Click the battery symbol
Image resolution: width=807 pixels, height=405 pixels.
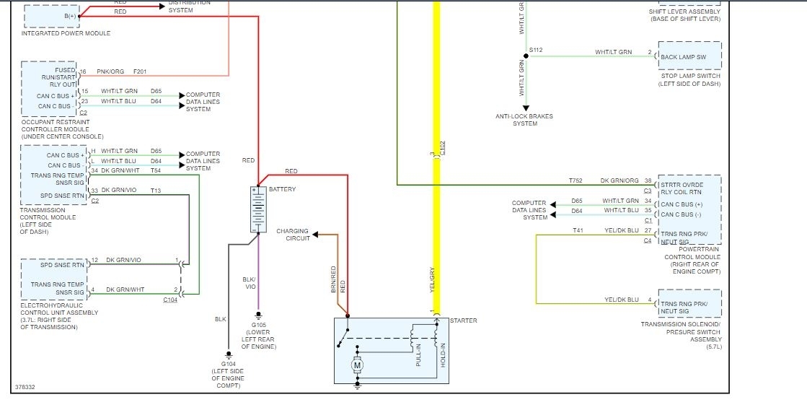click(x=257, y=209)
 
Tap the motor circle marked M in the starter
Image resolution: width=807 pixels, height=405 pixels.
click(x=356, y=365)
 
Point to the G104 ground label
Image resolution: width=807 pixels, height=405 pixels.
click(x=228, y=365)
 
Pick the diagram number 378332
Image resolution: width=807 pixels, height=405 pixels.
click(x=25, y=387)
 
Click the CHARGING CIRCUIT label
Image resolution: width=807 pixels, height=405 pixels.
click(x=293, y=234)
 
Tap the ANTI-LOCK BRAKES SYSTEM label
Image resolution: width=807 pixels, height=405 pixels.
click(x=524, y=120)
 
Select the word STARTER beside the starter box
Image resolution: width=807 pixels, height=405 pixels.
click(x=463, y=321)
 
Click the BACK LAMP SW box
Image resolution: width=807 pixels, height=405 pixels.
click(x=689, y=56)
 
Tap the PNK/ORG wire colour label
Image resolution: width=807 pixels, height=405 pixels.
click(x=110, y=71)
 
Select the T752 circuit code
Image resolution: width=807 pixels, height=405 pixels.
click(x=575, y=180)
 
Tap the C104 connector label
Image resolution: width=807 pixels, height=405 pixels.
click(x=170, y=299)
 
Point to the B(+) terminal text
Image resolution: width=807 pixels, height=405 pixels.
click(x=70, y=15)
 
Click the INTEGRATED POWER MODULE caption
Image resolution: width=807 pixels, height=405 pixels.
click(x=66, y=33)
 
